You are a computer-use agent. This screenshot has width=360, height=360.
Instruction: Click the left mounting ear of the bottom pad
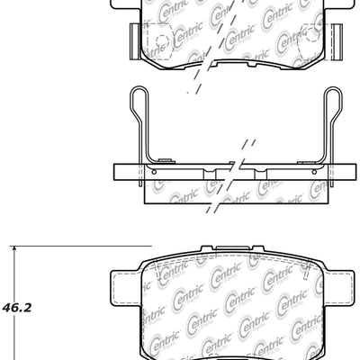click(123, 288)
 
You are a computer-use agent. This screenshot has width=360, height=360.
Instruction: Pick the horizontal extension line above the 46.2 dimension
click(54, 245)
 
